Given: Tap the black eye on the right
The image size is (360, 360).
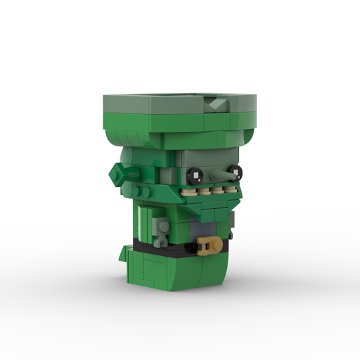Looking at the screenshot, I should (x=234, y=170).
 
